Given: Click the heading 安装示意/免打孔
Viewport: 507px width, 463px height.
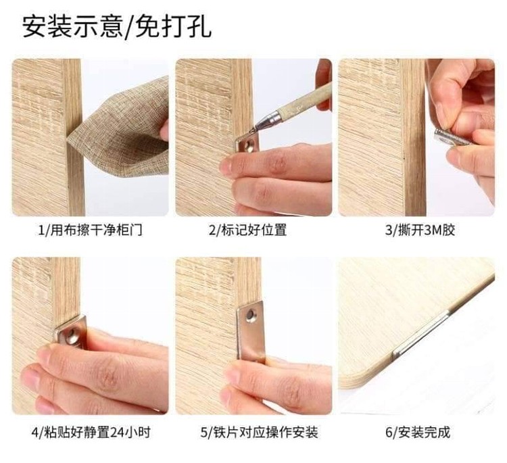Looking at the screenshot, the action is [x=117, y=26].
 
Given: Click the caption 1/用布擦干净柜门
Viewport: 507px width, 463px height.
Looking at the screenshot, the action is [x=90, y=230].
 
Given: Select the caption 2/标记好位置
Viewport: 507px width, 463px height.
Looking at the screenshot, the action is [x=247, y=230].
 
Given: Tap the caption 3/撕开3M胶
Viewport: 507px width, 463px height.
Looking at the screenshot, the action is [x=420, y=230].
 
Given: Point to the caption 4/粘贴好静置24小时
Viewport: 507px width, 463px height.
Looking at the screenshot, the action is [x=91, y=433].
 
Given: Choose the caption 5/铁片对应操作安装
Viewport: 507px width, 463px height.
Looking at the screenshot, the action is [x=259, y=433].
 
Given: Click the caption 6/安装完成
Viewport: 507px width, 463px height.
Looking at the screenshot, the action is [x=418, y=433].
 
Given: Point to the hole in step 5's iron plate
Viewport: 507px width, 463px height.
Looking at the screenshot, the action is [x=251, y=314].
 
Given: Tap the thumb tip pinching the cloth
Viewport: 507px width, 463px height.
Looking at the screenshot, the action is [x=164, y=129].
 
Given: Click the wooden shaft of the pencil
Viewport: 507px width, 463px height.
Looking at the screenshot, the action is [x=306, y=99].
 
